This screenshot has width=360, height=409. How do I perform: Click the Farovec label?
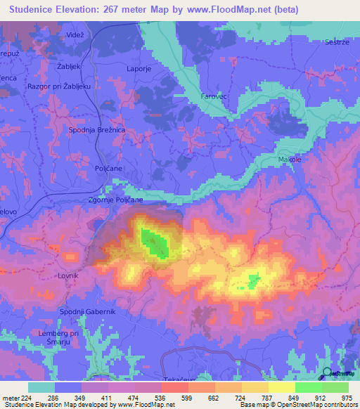[x=212, y=95]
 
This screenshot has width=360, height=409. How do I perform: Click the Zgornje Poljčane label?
[x=116, y=200]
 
